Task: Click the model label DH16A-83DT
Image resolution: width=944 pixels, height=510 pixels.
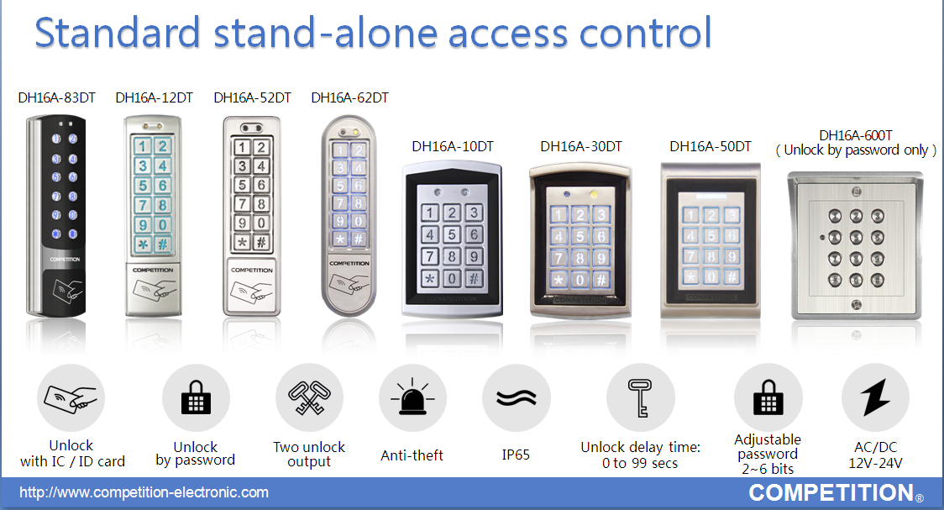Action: pyautogui.click(x=56, y=98)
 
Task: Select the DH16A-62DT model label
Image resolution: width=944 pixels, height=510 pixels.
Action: pyautogui.click(x=349, y=98)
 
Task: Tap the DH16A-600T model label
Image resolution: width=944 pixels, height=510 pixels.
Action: pyautogui.click(x=856, y=135)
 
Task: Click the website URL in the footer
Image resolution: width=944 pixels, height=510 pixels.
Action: pyautogui.click(x=144, y=492)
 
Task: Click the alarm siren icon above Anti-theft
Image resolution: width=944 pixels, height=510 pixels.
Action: pyautogui.click(x=412, y=397)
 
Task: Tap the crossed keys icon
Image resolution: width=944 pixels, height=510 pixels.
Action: pyautogui.click(x=309, y=397)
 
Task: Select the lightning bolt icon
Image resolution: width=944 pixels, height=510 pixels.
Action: pyautogui.click(x=875, y=397)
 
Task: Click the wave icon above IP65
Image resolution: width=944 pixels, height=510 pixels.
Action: pyautogui.click(x=516, y=398)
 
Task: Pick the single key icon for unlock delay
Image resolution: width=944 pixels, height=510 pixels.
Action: pyautogui.click(x=640, y=397)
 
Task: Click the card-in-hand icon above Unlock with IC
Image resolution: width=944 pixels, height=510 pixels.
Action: pyautogui.click(x=71, y=398)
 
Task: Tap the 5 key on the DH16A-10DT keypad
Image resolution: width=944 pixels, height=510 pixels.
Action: pyautogui.click(x=452, y=234)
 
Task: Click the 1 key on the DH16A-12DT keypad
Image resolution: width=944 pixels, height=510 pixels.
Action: pyautogui.click(x=143, y=146)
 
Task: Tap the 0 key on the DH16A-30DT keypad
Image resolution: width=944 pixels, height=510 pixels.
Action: pyautogui.click(x=580, y=280)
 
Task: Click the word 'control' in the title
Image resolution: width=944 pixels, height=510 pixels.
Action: pyautogui.click(x=645, y=33)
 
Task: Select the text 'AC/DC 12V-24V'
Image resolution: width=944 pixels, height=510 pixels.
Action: pyautogui.click(x=875, y=455)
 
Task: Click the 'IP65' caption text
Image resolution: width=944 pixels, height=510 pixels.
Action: pyautogui.click(x=516, y=455)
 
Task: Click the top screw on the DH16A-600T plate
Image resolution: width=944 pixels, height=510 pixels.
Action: pyautogui.click(x=856, y=192)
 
